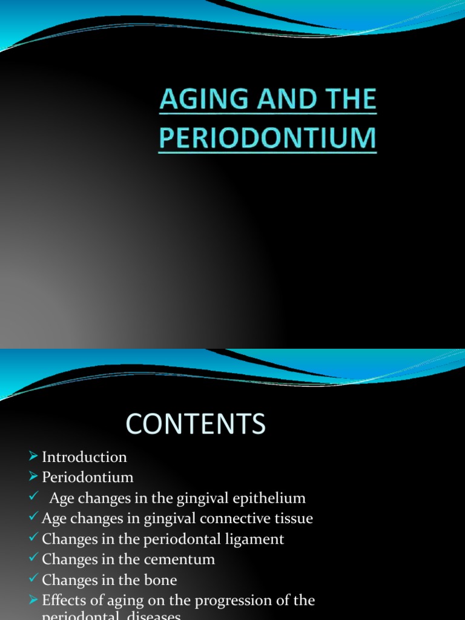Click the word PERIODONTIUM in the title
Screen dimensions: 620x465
tap(268, 138)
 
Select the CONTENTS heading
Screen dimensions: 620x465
tap(196, 424)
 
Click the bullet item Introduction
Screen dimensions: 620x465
tap(84, 457)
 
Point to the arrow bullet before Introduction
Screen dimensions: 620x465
tap(34, 457)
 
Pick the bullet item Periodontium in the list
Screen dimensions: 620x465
tap(87, 478)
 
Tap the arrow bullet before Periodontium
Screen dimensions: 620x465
tap(34, 477)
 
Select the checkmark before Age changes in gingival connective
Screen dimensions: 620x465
tap(34, 518)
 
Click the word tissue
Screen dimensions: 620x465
tap(293, 519)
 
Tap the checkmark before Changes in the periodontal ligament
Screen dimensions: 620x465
tap(34, 539)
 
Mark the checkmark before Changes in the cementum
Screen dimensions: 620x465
tap(34, 559)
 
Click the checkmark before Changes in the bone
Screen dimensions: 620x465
tap(34, 580)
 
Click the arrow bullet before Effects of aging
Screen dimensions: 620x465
tap(34, 601)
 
